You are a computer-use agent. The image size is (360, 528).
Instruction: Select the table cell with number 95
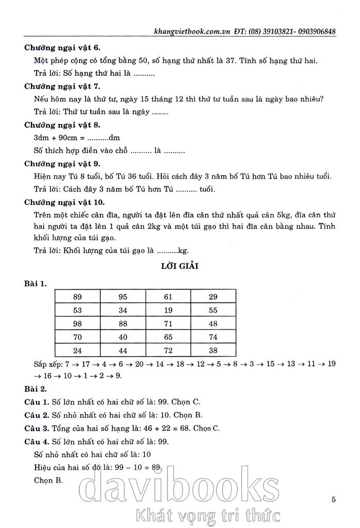tap(122, 296)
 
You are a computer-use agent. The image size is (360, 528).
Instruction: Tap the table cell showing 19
tap(168, 310)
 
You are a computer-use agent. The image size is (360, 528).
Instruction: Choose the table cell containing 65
tap(168, 337)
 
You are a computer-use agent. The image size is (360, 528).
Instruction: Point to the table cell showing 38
tap(213, 351)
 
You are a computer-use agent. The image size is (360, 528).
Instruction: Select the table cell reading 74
tap(213, 337)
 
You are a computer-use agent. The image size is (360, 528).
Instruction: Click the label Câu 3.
tap(35, 428)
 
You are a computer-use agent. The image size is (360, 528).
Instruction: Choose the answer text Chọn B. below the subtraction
tap(48, 480)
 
